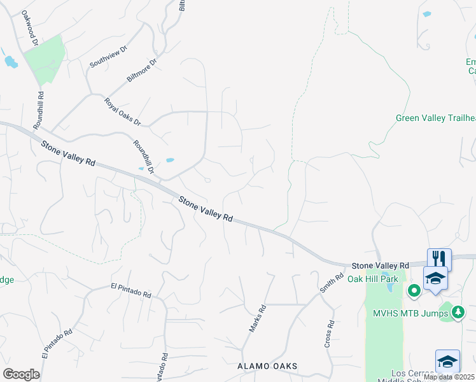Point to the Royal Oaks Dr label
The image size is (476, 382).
click(x=123, y=111)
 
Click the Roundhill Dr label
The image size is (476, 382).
click(x=144, y=156)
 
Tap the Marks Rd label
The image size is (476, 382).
click(x=256, y=318)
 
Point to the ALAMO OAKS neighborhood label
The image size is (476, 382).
click(x=267, y=367)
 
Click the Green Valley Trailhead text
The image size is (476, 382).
click(x=435, y=118)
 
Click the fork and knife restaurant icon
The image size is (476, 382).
click(x=439, y=258)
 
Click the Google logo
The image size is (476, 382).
click(x=21, y=374)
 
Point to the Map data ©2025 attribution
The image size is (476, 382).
click(x=449, y=377)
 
